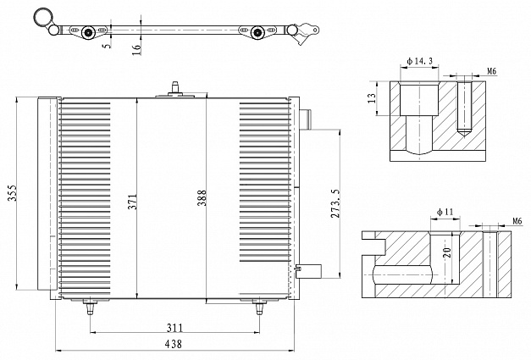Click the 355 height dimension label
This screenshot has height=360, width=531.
point(13,192)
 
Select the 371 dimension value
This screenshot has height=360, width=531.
point(133,201)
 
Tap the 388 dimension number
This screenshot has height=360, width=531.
point(202,197)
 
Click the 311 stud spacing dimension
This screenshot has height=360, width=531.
point(174,328)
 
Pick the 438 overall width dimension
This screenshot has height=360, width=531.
point(174,344)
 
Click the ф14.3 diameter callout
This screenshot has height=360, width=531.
point(419,61)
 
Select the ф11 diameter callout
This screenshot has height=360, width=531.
point(445,212)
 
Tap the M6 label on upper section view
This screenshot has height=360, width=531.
point(492,71)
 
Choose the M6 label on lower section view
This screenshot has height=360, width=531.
point(517,221)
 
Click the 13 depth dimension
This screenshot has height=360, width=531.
point(372,98)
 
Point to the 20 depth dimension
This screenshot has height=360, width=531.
point(447,252)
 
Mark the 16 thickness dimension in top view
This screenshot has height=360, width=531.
point(136,49)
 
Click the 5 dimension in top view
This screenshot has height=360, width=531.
point(108,45)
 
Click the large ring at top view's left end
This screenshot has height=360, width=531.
point(44,17)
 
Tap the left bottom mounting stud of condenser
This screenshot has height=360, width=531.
point(90,307)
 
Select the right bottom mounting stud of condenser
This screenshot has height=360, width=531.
point(259,307)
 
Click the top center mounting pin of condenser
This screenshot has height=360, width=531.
point(175,90)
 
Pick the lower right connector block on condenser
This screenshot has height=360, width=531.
point(308,271)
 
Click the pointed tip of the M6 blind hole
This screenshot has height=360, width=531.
point(465,137)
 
